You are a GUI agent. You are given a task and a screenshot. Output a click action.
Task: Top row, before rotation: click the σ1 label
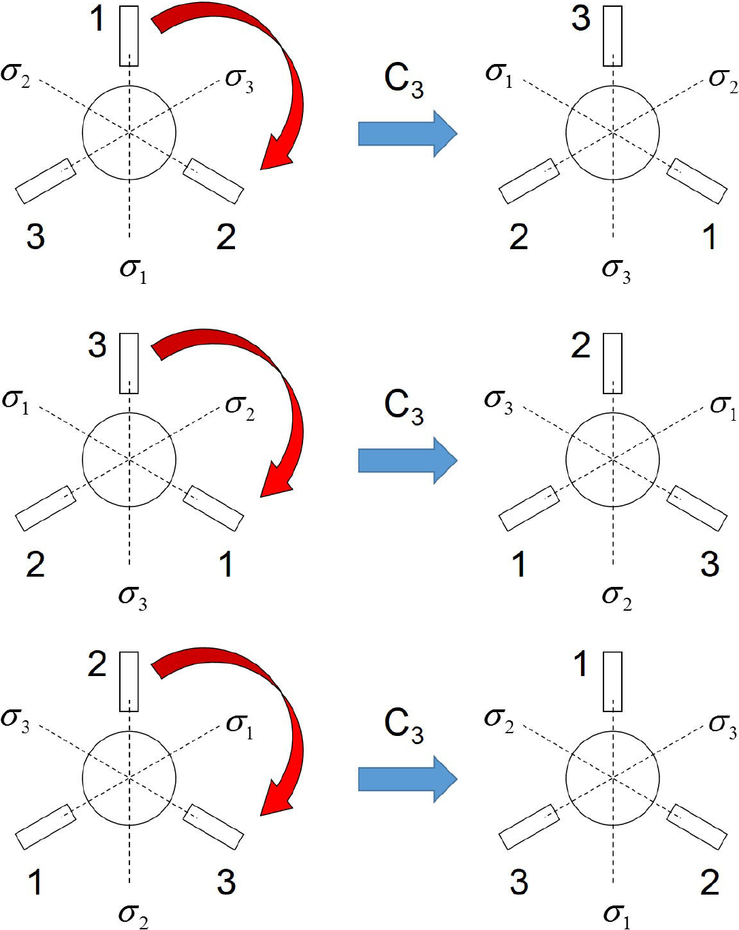pyautogui.click(x=133, y=270)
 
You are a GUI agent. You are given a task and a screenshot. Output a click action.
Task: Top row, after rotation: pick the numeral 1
pyautogui.click(x=709, y=237)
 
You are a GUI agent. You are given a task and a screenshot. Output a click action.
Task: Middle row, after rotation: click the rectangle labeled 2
pyautogui.click(x=612, y=363)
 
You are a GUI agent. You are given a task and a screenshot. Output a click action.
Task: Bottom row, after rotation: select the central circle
pyautogui.click(x=612, y=777)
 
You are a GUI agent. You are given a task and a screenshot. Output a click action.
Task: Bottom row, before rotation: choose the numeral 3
pyautogui.click(x=226, y=882)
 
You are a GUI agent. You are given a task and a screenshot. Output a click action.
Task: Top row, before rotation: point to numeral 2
pyautogui.click(x=226, y=237)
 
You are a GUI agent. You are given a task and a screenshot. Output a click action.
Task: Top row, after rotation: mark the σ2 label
pyautogui.click(x=723, y=80)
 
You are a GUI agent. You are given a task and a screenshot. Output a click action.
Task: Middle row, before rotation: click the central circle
pyautogui.click(x=129, y=460)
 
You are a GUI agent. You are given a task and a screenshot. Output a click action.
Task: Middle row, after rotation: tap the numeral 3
pyautogui.click(x=709, y=564)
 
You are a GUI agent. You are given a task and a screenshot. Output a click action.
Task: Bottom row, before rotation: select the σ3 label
pyautogui.click(x=16, y=720)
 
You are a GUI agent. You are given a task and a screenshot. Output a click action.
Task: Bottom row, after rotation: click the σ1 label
pyautogui.click(x=616, y=915)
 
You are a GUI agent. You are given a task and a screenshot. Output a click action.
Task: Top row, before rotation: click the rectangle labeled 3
pyautogui.click(x=46, y=181)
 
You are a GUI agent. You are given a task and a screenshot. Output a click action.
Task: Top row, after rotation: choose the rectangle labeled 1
pyautogui.click(x=697, y=181)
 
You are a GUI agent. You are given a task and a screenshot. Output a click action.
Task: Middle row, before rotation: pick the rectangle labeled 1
pyautogui.click(x=213, y=508)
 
